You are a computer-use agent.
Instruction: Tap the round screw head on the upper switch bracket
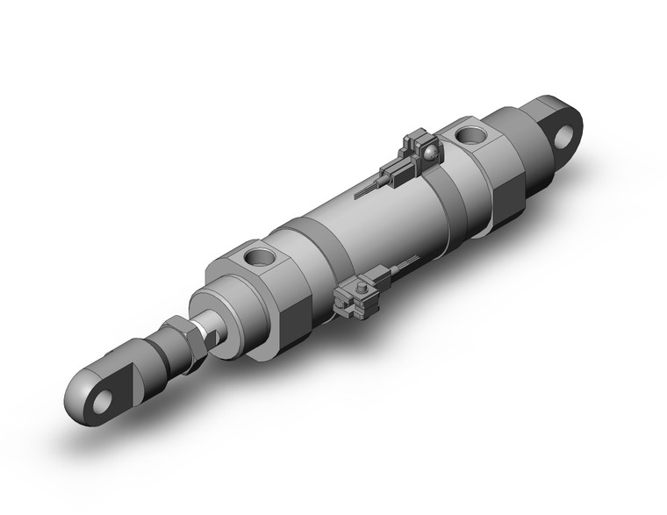tap(429, 154)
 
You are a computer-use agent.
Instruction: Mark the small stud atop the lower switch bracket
tap(360, 283)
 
